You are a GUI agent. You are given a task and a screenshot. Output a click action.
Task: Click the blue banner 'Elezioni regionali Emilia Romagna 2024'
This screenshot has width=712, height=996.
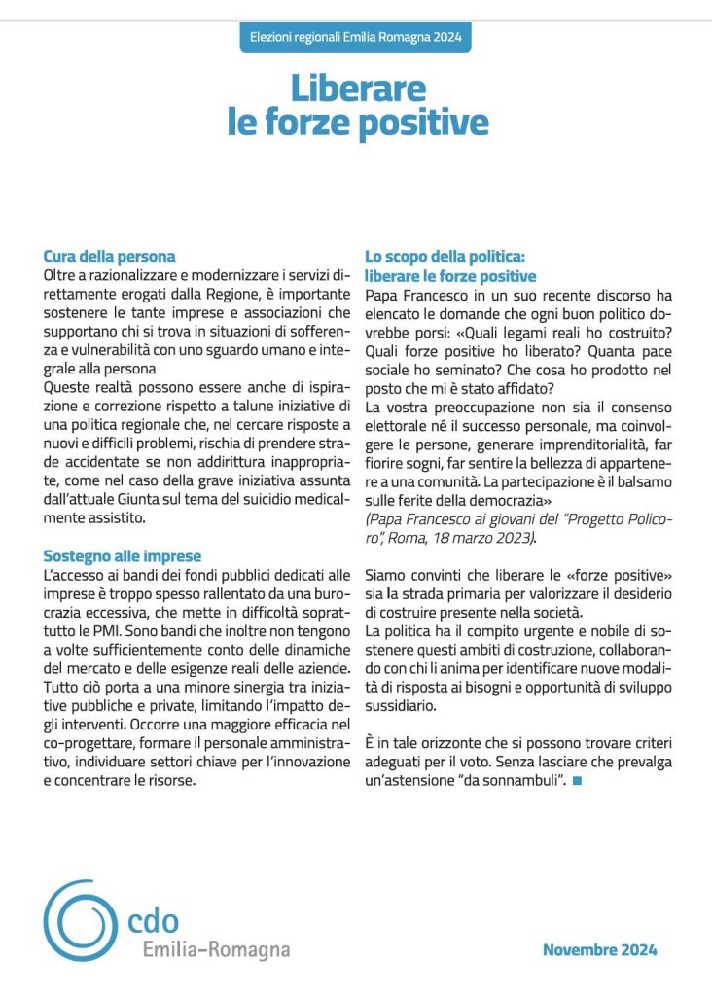point(355,38)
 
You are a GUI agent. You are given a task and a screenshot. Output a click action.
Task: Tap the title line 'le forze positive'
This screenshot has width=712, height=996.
point(357,124)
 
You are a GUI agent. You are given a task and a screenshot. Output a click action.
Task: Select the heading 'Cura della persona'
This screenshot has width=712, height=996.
point(109,257)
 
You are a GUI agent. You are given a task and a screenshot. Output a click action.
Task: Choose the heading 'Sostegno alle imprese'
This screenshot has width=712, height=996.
point(123,556)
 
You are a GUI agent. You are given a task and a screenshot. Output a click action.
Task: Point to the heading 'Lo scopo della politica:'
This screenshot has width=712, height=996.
point(445,257)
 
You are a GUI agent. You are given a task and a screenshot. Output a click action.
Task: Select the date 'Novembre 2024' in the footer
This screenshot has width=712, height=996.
point(599,950)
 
